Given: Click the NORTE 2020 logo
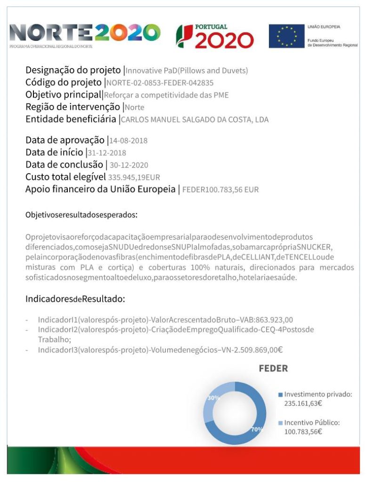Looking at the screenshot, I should (85, 34).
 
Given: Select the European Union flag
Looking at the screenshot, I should (286, 36).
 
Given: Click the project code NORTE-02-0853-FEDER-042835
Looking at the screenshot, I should (160, 83).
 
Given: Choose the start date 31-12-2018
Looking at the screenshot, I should (107, 153).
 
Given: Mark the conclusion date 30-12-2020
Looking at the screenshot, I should (129, 165).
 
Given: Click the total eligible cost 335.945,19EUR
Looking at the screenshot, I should (134, 177).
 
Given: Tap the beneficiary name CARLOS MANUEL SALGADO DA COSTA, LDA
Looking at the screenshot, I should (195, 120).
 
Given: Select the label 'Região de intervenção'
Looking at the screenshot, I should (73, 107).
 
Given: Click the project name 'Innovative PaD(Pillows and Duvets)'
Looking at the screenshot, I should (187, 71).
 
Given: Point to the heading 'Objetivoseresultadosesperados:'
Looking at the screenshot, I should (81, 215).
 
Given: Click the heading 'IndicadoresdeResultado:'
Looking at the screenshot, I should (75, 299).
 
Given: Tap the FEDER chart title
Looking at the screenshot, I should (273, 369).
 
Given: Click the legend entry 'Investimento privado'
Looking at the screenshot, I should (318, 394).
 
